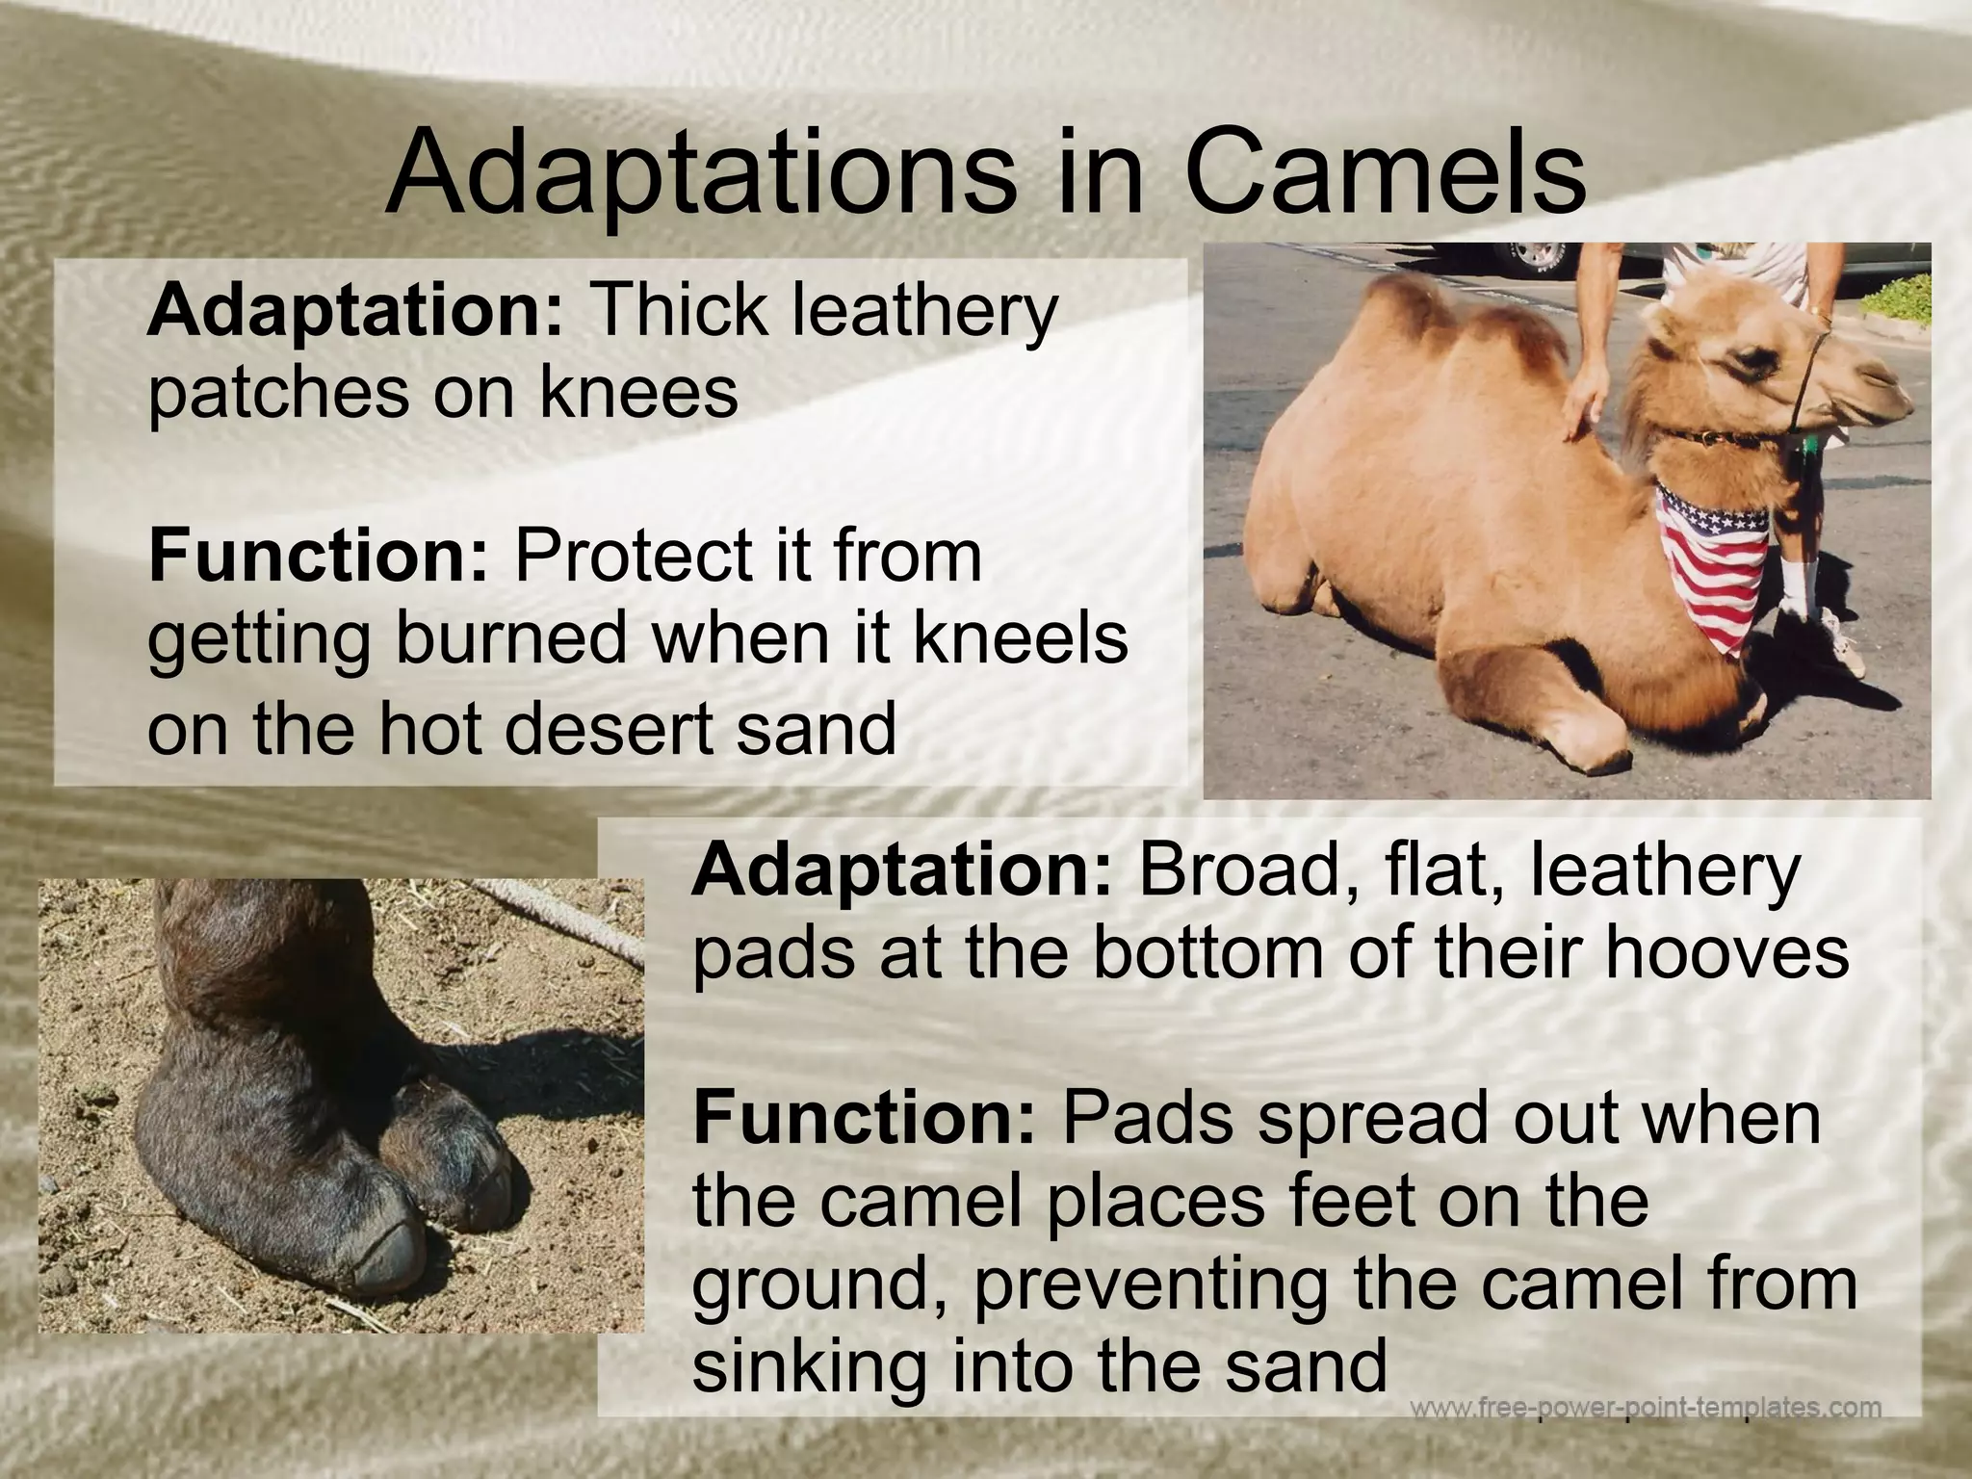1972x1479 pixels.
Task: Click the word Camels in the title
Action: click(1385, 175)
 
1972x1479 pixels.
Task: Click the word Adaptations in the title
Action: click(700, 175)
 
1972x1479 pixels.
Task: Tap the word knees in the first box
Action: click(637, 392)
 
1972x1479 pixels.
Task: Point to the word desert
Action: click(610, 728)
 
